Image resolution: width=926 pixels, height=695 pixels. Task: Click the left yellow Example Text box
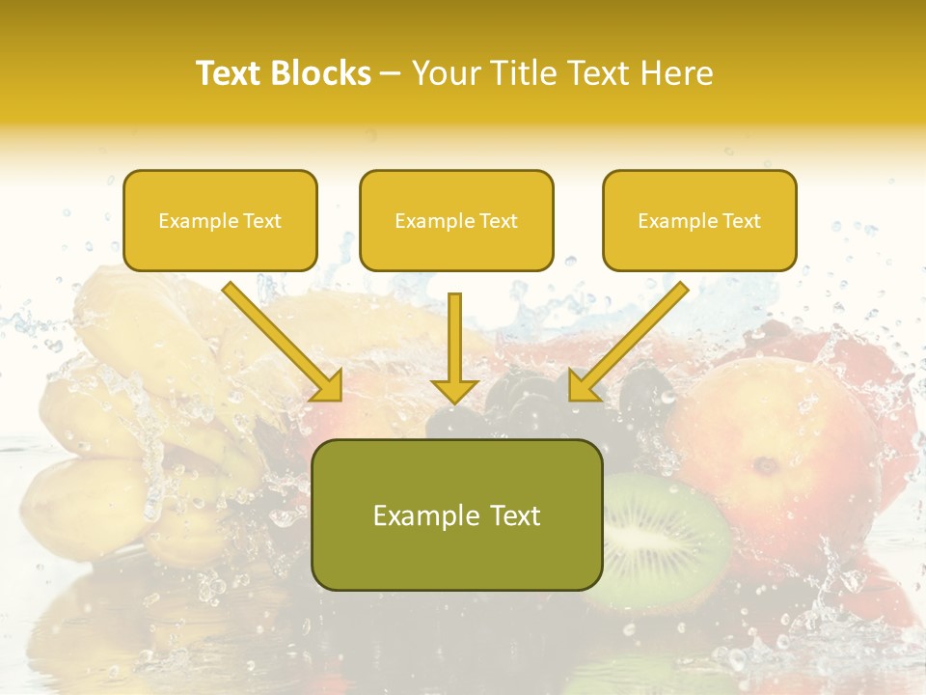220,220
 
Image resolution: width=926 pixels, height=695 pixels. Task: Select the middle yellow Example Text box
456,220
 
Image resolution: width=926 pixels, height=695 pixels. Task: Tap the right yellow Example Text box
699,220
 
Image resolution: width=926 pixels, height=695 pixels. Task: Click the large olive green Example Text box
456,514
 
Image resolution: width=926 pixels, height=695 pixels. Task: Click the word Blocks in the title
320,73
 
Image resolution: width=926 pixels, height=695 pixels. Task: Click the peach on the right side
772,444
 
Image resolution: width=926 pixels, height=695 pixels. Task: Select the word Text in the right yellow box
741,220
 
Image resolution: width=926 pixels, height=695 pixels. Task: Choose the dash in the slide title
392,73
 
